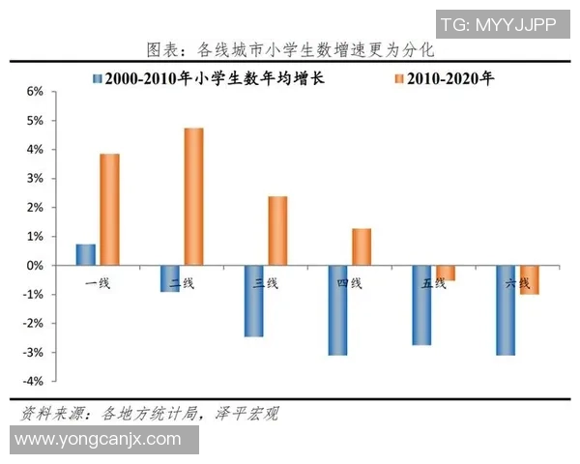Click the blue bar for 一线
(x=86, y=254)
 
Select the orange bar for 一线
(x=109, y=209)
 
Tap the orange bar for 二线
(x=193, y=196)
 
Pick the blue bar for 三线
(x=254, y=301)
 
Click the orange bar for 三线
(x=277, y=230)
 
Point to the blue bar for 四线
(x=337, y=310)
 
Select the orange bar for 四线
(x=362, y=246)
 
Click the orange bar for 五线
(x=445, y=273)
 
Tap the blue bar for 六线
(x=506, y=310)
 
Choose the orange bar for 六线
(x=529, y=279)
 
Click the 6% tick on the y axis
(x=34, y=92)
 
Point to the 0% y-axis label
(x=34, y=265)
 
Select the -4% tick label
(x=32, y=382)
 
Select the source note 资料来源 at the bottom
(x=150, y=414)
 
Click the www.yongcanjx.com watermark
(x=100, y=440)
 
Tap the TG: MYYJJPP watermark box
(x=497, y=24)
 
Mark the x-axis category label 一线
(x=98, y=283)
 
